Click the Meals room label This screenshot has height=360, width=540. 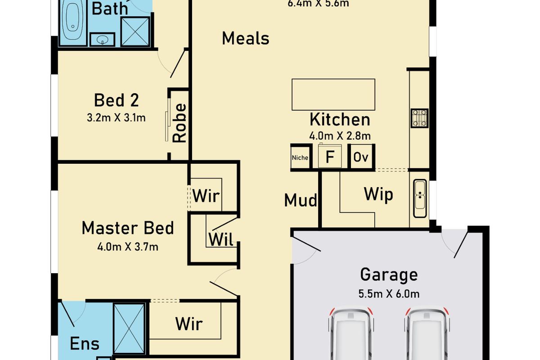click(245, 39)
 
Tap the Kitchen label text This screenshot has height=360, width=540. click(340, 120)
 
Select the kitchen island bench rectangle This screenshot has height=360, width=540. click(333, 94)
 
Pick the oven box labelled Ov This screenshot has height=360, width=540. click(361, 157)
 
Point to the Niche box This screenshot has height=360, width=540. click(300, 157)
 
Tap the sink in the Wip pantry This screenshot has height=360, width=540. click(420, 194)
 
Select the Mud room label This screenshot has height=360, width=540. click(301, 200)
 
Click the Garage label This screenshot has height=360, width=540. click(389, 274)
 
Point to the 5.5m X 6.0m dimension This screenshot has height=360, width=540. click(389, 294)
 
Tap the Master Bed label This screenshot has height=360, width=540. click(127, 228)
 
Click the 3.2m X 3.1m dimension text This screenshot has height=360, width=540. click(116, 118)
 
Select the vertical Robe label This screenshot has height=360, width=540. click(180, 123)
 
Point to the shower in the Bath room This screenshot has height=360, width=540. click(135, 31)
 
